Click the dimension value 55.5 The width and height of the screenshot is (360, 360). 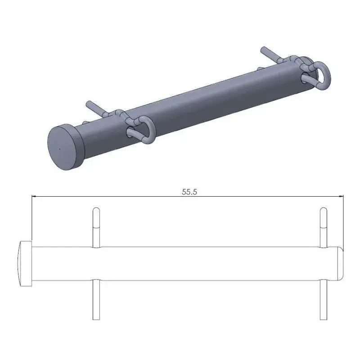(x=190, y=191)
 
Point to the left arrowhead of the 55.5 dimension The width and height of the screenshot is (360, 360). (x=33, y=196)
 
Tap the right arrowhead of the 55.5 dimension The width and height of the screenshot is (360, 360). (x=341, y=196)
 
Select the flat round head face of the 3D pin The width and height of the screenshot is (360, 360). (x=63, y=147)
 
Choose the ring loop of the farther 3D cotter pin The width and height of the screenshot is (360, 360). (x=320, y=74)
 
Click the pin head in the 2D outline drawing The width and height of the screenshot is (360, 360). (x=25, y=263)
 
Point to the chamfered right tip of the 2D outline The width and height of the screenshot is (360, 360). (x=341, y=263)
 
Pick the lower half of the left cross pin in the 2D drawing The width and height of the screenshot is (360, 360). (x=96, y=299)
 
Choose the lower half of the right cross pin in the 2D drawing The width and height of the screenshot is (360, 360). (x=323, y=299)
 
